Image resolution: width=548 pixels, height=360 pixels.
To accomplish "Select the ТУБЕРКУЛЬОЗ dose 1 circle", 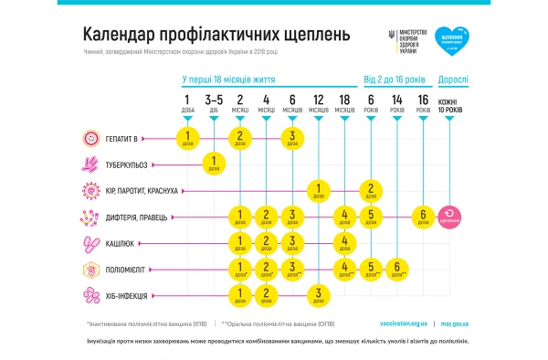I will coord(214,165).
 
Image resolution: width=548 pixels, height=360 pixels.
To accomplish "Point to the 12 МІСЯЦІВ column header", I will coord(318,103).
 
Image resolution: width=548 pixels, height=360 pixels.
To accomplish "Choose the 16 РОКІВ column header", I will coord(423,103).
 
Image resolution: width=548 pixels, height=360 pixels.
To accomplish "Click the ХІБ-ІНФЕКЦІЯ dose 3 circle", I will coord(318,295).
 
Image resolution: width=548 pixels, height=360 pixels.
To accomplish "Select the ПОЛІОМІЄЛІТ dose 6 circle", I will coord(397,270).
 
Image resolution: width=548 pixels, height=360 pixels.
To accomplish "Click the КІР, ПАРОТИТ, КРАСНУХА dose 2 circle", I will coord(371,191).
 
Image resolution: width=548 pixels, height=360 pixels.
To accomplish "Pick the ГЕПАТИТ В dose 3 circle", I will coord(291,139).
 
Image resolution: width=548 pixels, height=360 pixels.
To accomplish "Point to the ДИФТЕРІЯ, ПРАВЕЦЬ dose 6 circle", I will coord(423,217).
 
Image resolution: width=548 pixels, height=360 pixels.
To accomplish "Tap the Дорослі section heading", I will coord(453,79).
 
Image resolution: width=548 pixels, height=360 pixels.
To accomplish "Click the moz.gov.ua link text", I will coord(455,323).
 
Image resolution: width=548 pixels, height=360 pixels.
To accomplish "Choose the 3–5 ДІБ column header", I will coord(214,103).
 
